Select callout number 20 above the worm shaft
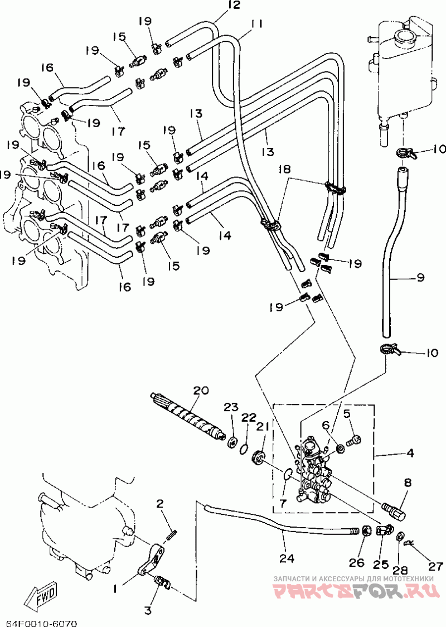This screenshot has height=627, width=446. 201,390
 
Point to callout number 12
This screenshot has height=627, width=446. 234,5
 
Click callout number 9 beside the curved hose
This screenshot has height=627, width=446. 420,277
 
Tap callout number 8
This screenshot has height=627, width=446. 407,483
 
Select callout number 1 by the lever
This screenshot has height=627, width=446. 115,589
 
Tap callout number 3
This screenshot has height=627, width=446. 148,611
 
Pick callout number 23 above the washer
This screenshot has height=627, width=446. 231,407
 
